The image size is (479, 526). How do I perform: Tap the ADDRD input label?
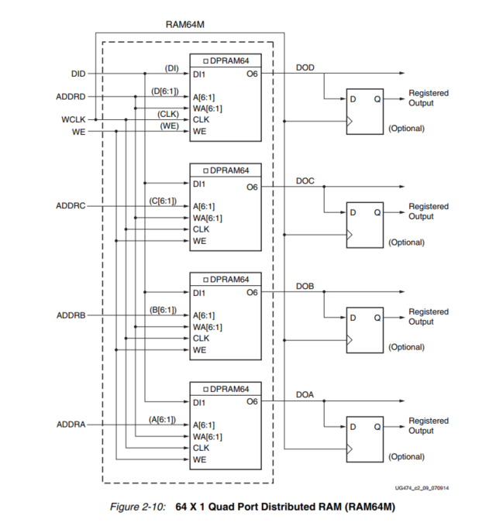point(71,97)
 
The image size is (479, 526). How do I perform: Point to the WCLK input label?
point(74,120)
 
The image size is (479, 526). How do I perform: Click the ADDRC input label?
point(71,207)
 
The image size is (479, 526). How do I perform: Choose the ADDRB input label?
point(71,316)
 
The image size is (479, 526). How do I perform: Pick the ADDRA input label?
point(71,425)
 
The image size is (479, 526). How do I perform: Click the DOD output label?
point(305,68)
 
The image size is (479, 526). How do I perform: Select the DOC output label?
point(305,181)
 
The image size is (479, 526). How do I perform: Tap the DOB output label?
point(305,287)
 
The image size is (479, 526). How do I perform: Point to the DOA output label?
point(305,396)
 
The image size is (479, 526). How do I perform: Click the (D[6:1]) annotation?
point(164,91)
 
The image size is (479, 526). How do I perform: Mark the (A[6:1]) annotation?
point(164,419)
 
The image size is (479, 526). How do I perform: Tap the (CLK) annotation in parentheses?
point(168,114)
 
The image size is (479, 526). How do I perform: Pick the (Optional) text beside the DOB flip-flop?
point(406,347)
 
